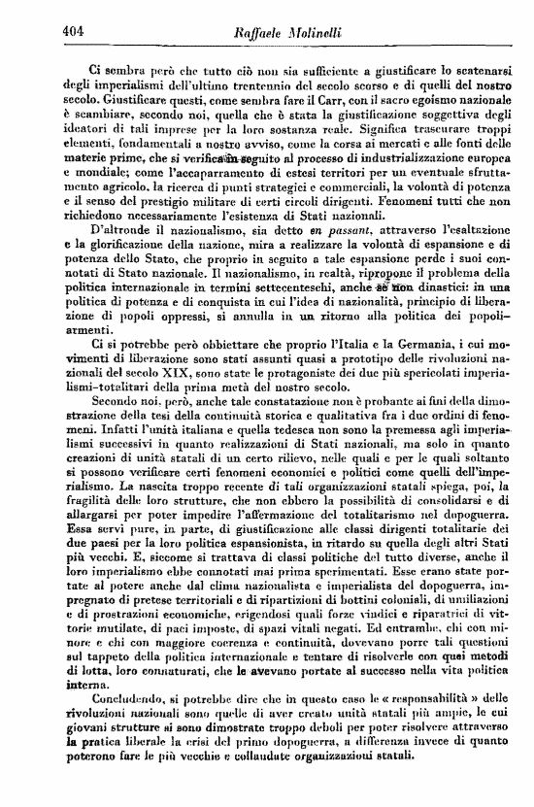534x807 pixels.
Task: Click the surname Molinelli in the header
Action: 315,32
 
